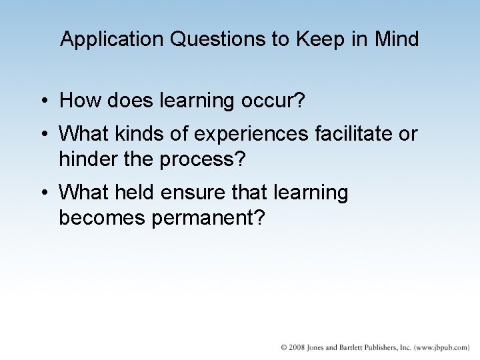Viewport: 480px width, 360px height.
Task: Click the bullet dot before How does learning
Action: pos(43,101)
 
